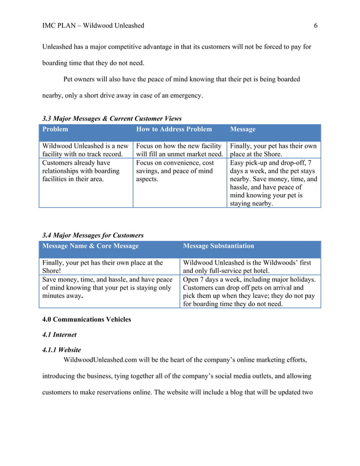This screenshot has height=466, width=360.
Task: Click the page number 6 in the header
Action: [315, 25]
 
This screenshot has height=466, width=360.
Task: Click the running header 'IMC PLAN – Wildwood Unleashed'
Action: [93, 25]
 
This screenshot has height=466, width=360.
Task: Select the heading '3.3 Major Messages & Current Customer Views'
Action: [112, 118]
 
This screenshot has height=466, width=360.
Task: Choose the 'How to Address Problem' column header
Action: [174, 129]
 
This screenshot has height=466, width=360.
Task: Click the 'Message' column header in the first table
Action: [243, 129]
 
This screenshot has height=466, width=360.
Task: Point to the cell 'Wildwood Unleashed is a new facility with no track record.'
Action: [85, 150]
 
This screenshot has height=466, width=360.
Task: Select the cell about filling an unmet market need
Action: [179, 150]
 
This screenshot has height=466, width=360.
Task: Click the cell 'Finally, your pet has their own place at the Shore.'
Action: [274, 150]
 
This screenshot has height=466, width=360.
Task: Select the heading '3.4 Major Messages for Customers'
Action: [93, 235]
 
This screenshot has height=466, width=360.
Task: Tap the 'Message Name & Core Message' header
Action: [90, 246]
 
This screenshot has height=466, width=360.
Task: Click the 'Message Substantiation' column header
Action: [218, 246]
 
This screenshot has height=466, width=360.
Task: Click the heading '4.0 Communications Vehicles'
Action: [86, 319]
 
